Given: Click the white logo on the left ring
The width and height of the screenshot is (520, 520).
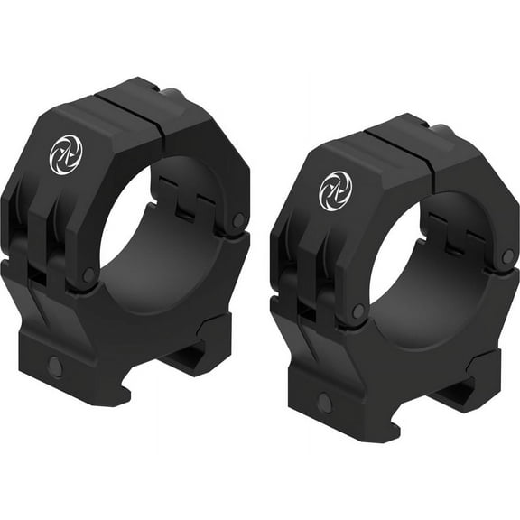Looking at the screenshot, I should (65, 154).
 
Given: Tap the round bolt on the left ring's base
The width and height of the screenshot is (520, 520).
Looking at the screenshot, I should (54, 366).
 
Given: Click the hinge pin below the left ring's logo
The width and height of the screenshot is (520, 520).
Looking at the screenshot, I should (89, 274).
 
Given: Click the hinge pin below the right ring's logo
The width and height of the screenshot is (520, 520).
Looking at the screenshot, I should (358, 311).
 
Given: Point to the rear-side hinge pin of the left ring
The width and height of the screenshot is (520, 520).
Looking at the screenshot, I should (239, 219).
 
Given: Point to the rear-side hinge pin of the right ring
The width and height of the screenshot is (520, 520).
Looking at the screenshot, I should (507, 256).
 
